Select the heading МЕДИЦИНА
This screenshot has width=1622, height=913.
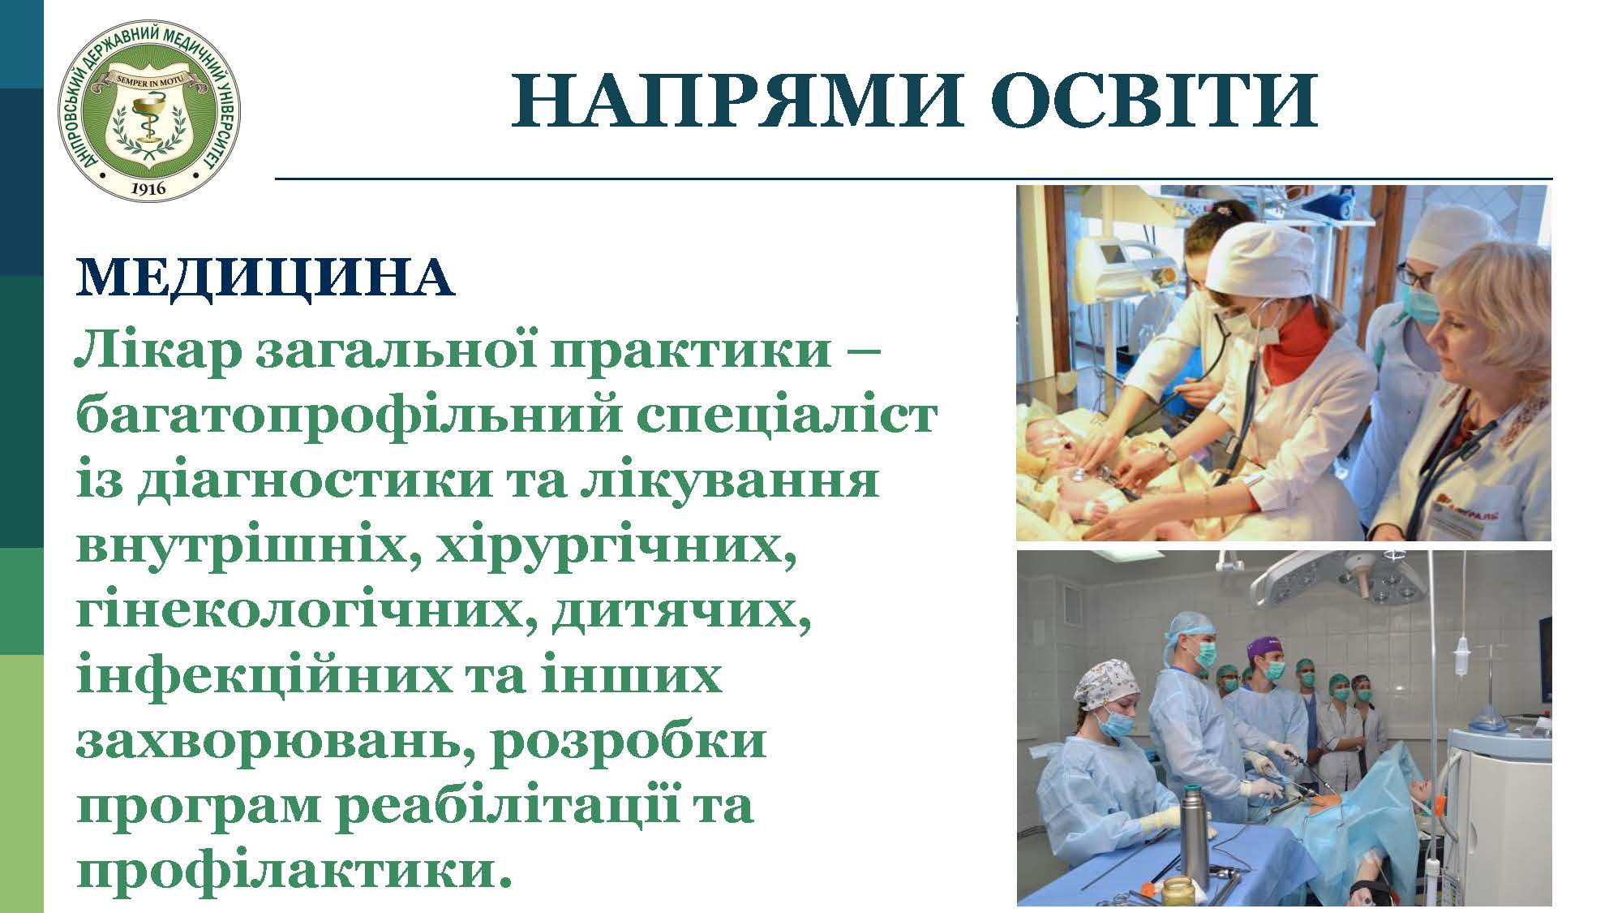pyautogui.click(x=264, y=278)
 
